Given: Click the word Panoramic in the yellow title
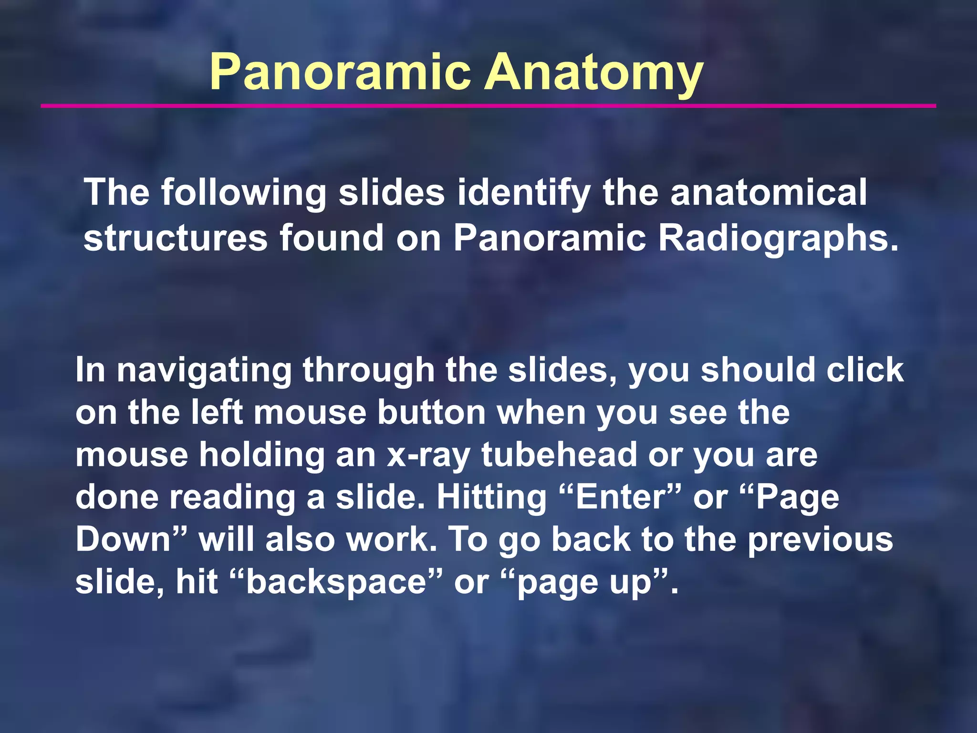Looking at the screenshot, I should [340, 73].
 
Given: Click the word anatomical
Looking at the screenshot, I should [769, 192].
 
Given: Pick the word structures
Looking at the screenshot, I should [175, 238].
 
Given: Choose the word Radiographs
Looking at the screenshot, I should [778, 238].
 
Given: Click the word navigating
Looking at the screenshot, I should [204, 371].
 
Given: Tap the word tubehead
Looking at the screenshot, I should [559, 454].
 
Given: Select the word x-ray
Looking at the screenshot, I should [428, 455].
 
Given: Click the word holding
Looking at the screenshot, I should [261, 455].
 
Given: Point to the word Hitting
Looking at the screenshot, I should [491, 497].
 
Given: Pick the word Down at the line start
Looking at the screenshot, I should [124, 539].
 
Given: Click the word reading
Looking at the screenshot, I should [233, 497].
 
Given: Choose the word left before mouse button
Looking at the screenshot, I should [217, 412].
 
